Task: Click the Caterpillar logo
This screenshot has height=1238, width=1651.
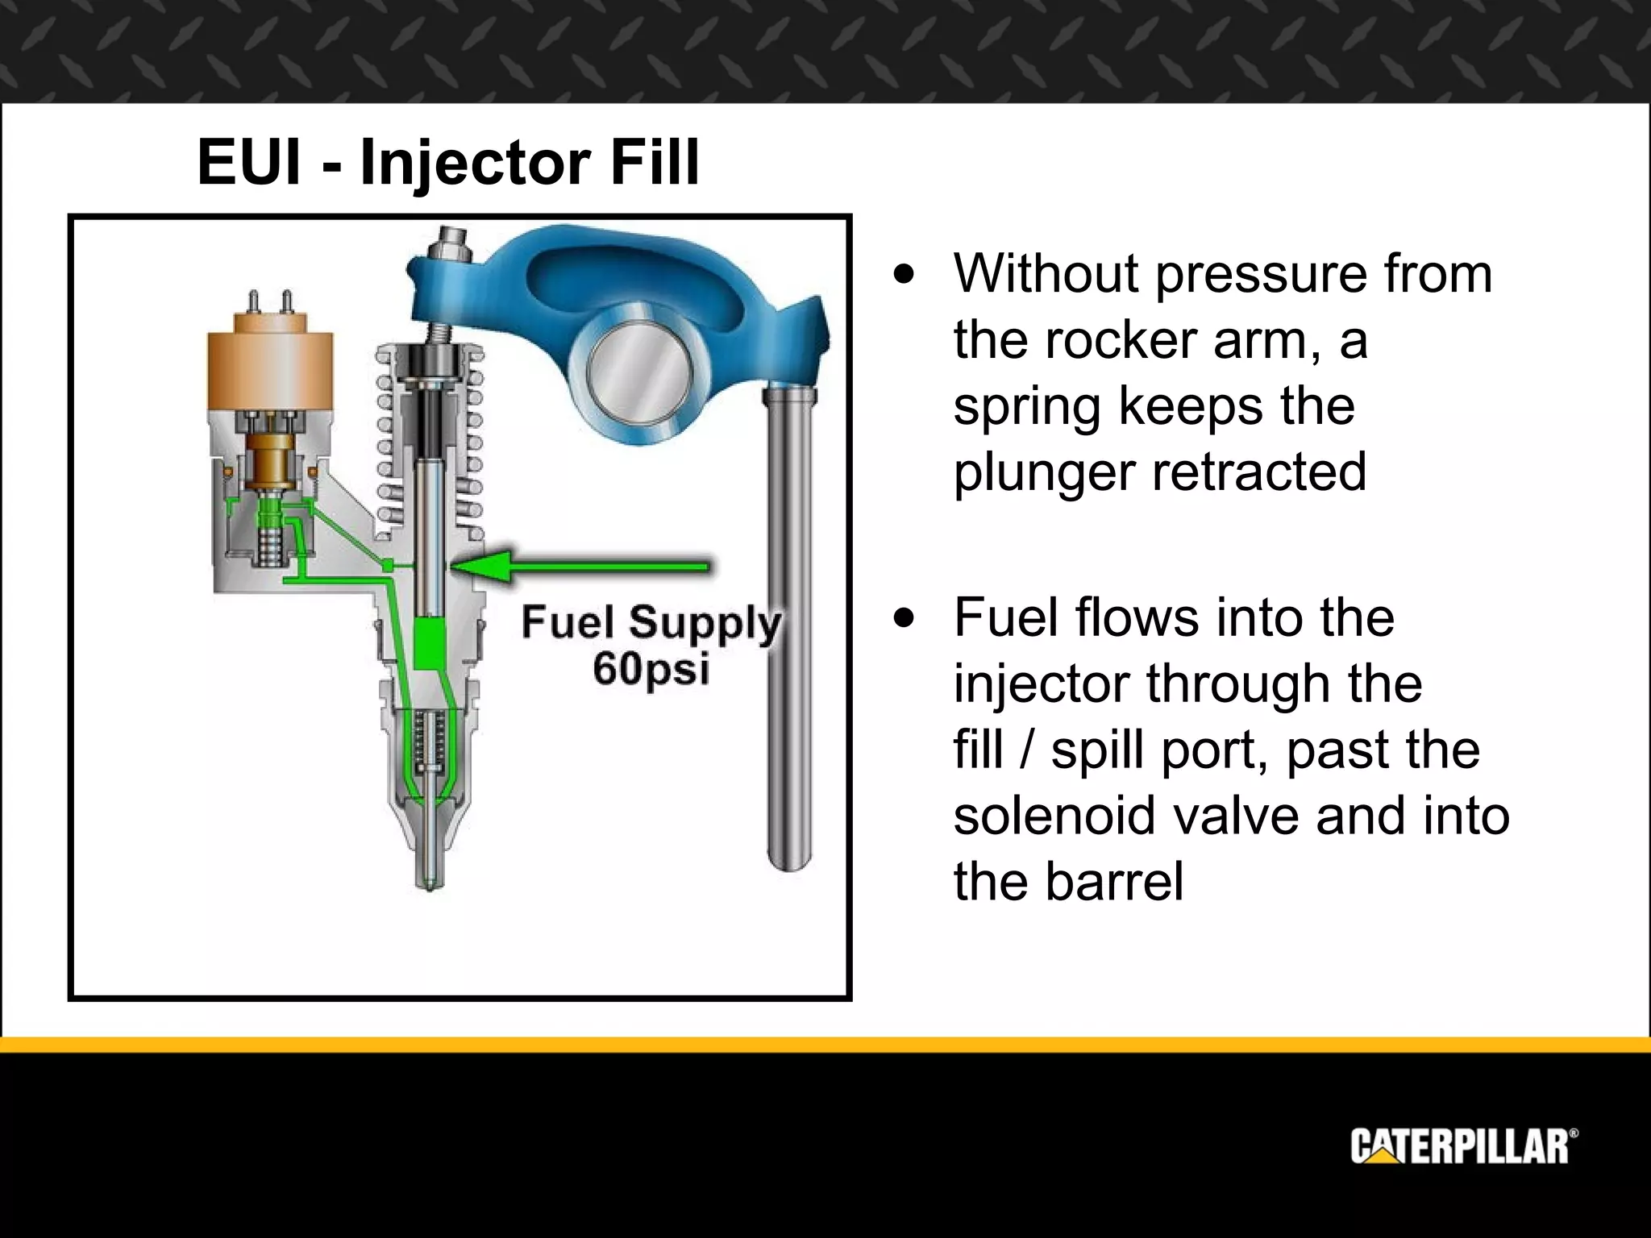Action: [1463, 1145]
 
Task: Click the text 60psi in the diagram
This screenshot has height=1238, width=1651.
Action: [651, 668]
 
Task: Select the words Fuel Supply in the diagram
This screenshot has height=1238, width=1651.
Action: [651, 623]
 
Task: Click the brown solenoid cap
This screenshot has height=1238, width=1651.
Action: [269, 371]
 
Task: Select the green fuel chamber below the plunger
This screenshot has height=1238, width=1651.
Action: [430, 645]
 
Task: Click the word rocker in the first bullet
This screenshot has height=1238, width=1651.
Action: [1121, 340]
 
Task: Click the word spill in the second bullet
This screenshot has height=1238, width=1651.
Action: [1100, 751]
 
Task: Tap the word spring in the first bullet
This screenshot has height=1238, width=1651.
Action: [1026, 408]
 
